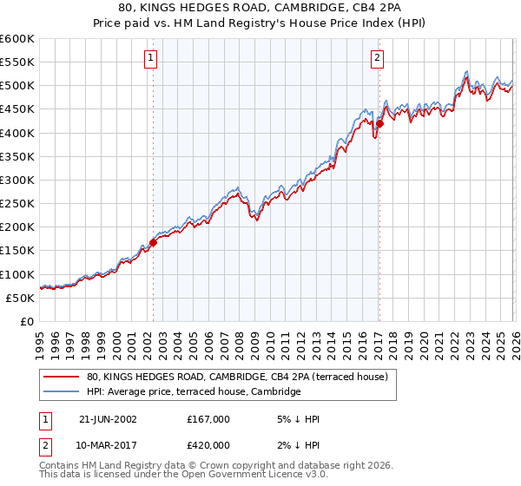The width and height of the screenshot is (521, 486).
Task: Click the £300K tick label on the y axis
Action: pyautogui.click(x=17, y=180)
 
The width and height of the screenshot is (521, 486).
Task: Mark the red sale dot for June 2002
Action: pyautogui.click(x=154, y=243)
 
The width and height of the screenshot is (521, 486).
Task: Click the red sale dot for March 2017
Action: pyautogui.click(x=379, y=124)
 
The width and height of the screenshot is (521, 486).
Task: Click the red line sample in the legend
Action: pyautogui.click(x=61, y=377)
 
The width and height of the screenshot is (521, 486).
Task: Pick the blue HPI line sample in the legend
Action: pyautogui.click(x=61, y=391)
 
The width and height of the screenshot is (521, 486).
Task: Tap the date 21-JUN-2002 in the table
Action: pyautogui.click(x=108, y=419)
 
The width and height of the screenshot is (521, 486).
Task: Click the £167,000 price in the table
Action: pyautogui.click(x=208, y=419)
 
